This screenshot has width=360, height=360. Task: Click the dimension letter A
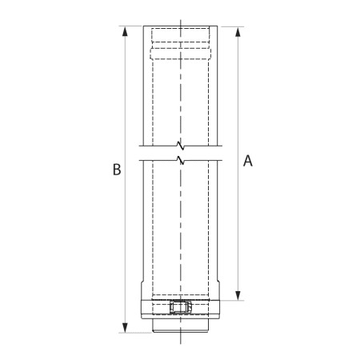248,161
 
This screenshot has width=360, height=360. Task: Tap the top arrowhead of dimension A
238,30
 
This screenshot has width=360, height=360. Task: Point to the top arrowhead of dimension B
124,30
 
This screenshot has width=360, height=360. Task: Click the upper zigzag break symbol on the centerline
182,146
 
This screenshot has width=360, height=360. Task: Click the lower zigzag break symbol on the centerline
182,160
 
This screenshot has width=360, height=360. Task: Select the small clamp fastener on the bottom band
182,308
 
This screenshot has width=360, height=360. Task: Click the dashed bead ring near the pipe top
182,54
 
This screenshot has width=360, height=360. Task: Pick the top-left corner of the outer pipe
144,26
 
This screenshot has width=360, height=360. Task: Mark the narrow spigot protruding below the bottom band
182,326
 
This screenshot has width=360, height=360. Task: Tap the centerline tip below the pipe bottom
182,342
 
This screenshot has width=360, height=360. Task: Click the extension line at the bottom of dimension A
232,300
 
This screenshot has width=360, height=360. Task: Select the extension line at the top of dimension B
132,26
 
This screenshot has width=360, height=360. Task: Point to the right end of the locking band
222,308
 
